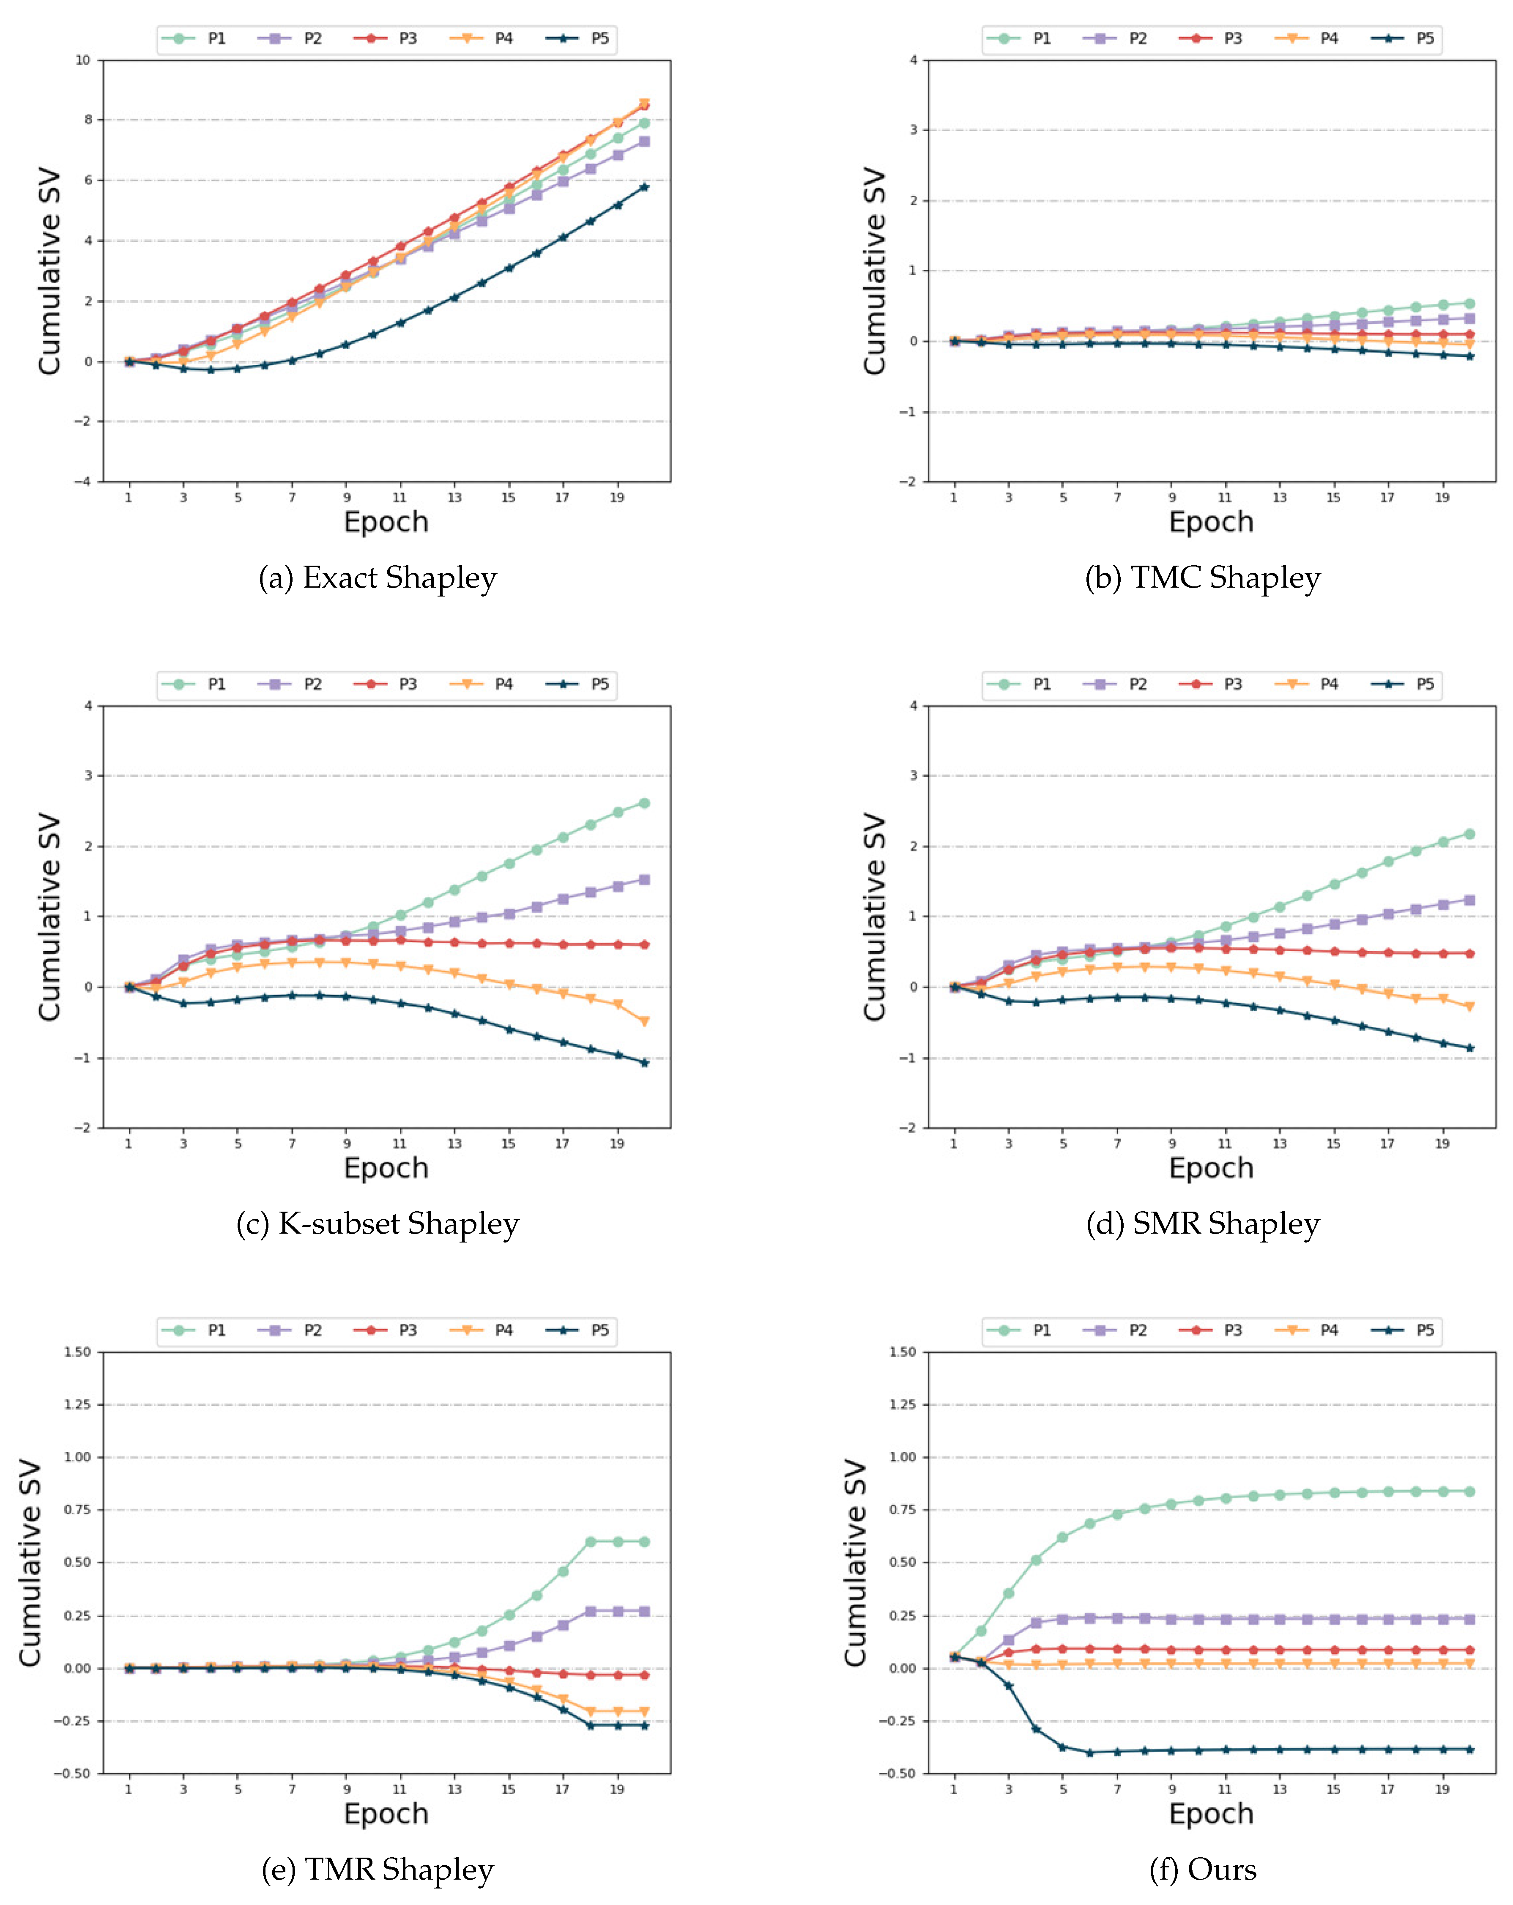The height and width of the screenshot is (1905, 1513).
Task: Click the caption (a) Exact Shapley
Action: [378, 578]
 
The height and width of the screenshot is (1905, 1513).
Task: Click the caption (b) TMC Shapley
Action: [1202, 578]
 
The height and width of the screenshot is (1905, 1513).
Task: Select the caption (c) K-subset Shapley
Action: [378, 1224]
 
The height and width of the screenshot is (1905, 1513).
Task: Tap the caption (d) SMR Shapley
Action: [1202, 1224]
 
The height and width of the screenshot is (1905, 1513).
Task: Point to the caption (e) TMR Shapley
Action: [378, 1869]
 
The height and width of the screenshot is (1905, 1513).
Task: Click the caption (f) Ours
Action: [1202, 1869]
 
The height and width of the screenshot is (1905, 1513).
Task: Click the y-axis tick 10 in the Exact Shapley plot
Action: [83, 60]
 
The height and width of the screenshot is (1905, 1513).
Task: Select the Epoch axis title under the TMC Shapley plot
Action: [1211, 522]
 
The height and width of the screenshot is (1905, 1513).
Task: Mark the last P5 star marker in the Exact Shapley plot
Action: [644, 186]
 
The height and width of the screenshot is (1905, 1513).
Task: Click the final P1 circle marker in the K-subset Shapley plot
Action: [644, 803]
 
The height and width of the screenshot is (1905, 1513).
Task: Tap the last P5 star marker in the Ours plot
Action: [1470, 1749]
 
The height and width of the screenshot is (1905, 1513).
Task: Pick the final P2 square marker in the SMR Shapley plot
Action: [1470, 900]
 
